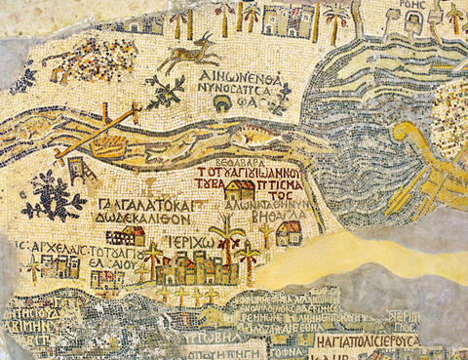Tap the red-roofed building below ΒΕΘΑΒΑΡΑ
(x=239, y=190)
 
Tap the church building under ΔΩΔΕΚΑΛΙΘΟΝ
(x=126, y=237)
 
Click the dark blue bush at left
(x=53, y=196)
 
